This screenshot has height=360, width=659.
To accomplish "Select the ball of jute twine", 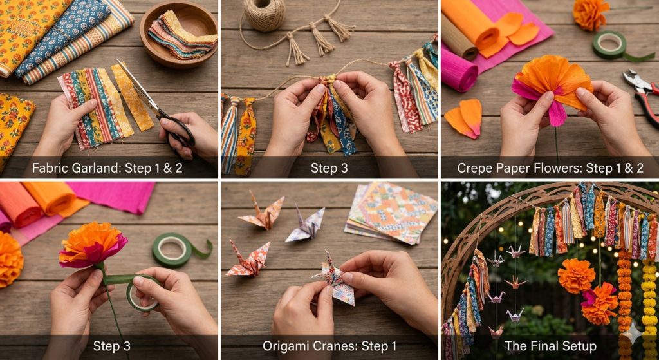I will tap(264, 14).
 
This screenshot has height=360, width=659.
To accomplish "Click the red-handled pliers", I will tap(640, 97).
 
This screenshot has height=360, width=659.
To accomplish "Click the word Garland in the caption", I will tap(88, 169).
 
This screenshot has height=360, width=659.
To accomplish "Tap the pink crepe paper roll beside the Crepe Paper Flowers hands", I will tap(458, 71).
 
